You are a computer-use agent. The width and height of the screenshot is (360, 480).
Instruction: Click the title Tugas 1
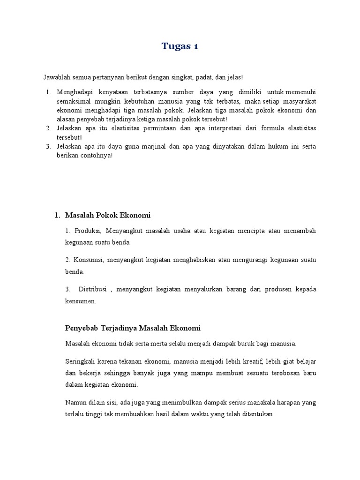point(180,46)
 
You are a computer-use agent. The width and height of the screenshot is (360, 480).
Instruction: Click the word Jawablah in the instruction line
point(55,77)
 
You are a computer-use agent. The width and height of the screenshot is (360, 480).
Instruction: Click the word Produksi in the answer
point(87,231)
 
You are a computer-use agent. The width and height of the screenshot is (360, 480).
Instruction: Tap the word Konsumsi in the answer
point(88,260)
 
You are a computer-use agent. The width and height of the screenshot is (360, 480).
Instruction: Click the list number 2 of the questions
point(48,128)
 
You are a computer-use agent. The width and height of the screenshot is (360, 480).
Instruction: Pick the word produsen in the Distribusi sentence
point(269,289)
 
